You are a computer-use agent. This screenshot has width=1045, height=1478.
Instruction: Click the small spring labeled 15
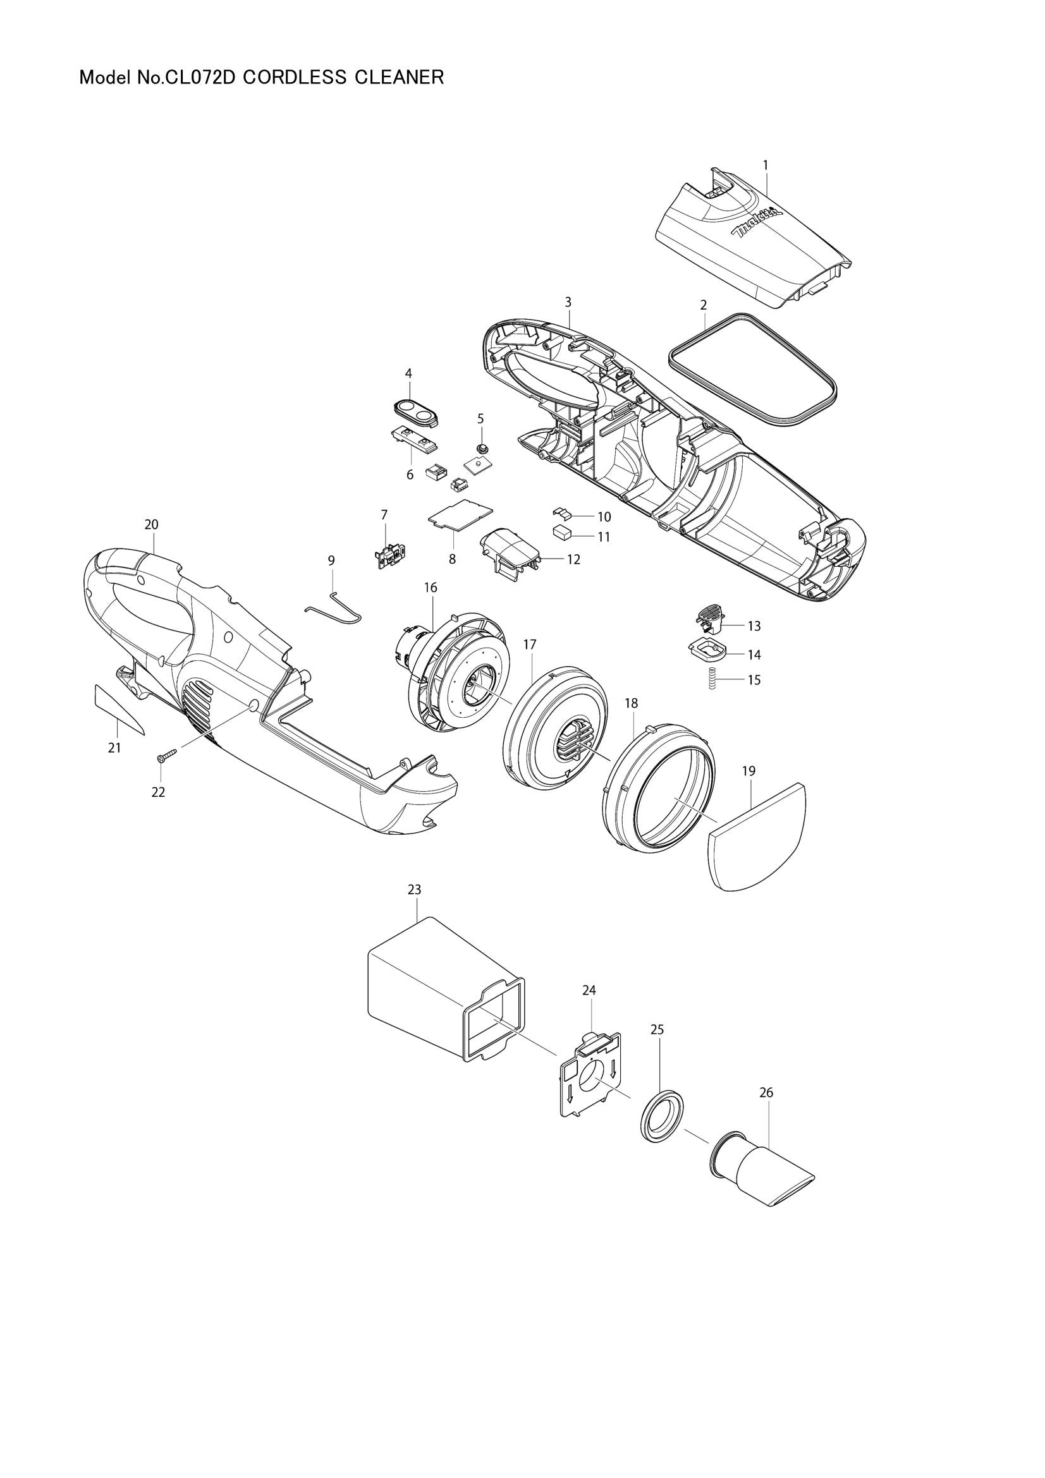712,679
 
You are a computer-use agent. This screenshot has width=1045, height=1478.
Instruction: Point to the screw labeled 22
165,758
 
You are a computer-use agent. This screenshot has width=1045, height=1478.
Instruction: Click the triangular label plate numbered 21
118,710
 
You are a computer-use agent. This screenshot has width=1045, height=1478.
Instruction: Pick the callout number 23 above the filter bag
414,890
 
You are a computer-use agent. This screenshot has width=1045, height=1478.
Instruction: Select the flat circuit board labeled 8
459,515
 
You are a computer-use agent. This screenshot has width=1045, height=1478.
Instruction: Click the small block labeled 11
561,532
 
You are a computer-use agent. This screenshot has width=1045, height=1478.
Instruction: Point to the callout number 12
573,559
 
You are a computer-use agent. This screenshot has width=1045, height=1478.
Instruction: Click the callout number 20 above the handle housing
150,524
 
